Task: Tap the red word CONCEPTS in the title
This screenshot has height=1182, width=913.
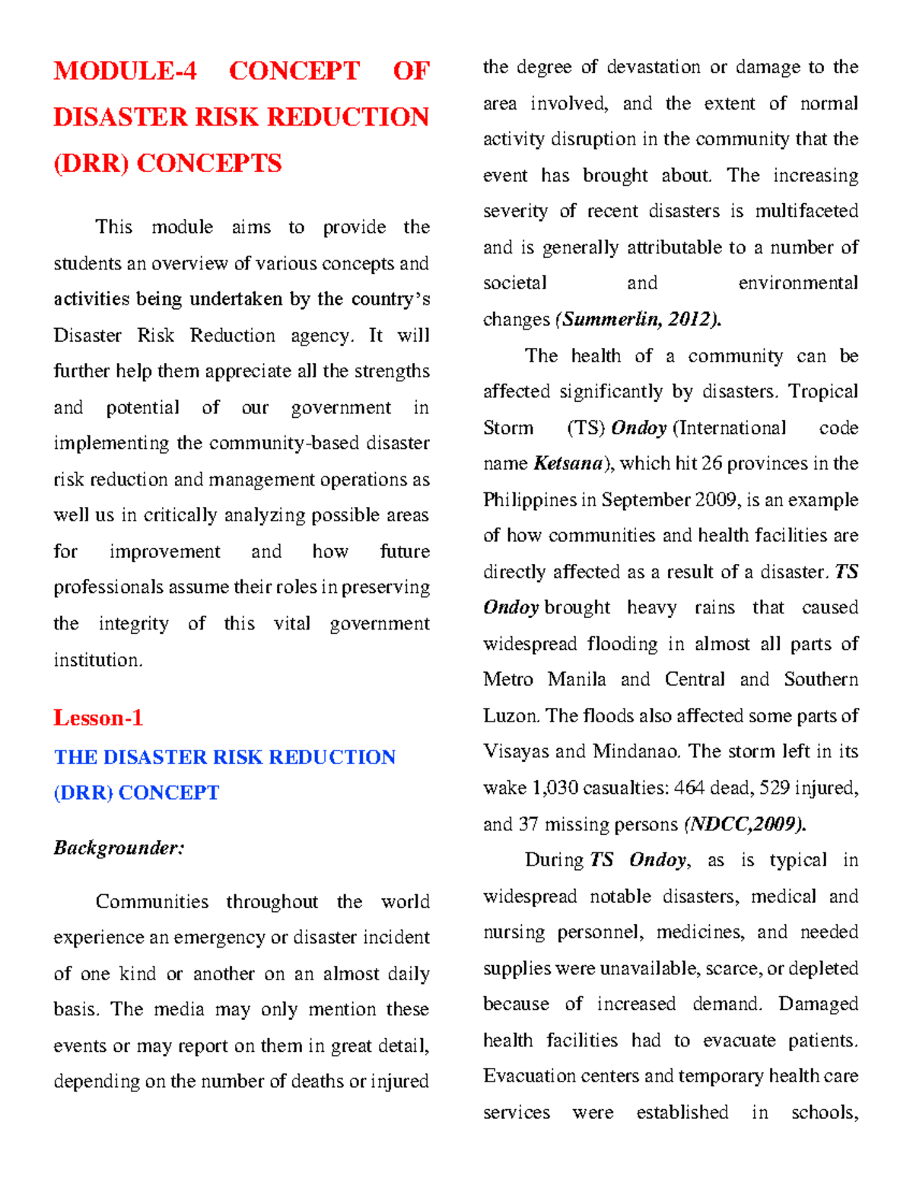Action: coord(209,163)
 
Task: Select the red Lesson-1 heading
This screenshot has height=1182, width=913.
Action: coord(98,718)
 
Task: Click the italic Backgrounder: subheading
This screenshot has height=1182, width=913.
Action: coord(119,848)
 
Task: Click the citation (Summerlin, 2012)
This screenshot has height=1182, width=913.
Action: coord(638,320)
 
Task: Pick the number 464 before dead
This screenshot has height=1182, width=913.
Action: coord(689,788)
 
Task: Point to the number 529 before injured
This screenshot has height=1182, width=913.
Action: coord(774,788)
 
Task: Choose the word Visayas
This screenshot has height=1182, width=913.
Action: coord(515,752)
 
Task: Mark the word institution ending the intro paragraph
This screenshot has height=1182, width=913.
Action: coord(97,660)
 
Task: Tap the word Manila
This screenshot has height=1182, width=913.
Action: coord(576,680)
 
